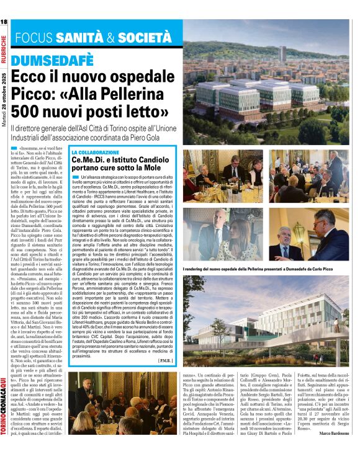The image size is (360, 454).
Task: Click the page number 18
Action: point(4,22)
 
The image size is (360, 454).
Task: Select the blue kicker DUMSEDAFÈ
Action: point(53,60)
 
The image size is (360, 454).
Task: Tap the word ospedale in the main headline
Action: point(149,77)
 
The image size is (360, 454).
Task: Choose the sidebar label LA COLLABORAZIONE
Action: point(95,152)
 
